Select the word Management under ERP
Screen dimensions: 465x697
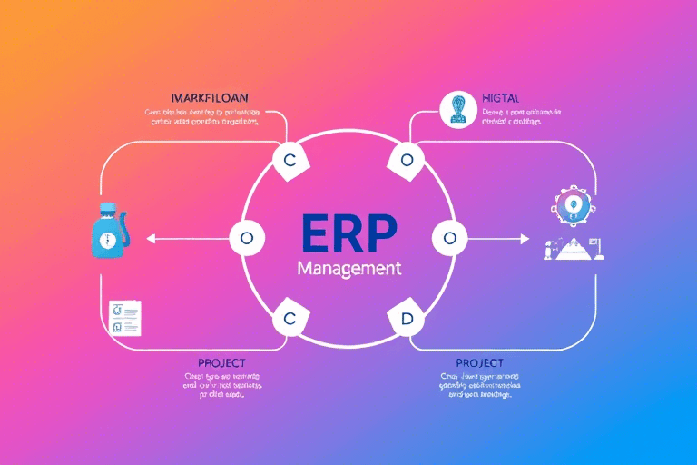(348, 270)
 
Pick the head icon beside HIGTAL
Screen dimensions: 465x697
(456, 108)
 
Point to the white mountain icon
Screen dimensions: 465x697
(577, 248)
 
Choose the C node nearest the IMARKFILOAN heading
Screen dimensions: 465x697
(290, 160)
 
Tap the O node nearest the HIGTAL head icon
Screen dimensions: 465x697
(407, 160)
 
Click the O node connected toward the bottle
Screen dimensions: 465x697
(246, 239)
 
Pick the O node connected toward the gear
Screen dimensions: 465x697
(450, 239)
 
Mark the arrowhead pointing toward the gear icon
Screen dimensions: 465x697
(525, 239)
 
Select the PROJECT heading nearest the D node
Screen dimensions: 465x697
(479, 363)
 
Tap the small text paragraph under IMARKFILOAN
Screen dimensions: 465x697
(202, 117)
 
